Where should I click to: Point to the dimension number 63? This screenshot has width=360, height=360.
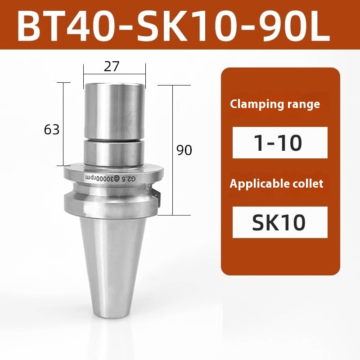pyautogui.click(x=52, y=130)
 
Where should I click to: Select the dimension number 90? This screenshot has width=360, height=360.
pyautogui.click(x=184, y=150)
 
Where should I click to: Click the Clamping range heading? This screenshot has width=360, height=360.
pyautogui.click(x=275, y=104)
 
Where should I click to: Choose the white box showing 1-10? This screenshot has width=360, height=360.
pyautogui.click(x=279, y=143)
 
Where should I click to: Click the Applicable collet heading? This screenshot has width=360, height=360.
pyautogui.click(x=276, y=184)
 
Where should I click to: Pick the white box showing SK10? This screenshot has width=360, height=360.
pyautogui.click(x=279, y=222)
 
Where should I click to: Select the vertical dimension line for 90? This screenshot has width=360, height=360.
pyautogui.click(x=173, y=148)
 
